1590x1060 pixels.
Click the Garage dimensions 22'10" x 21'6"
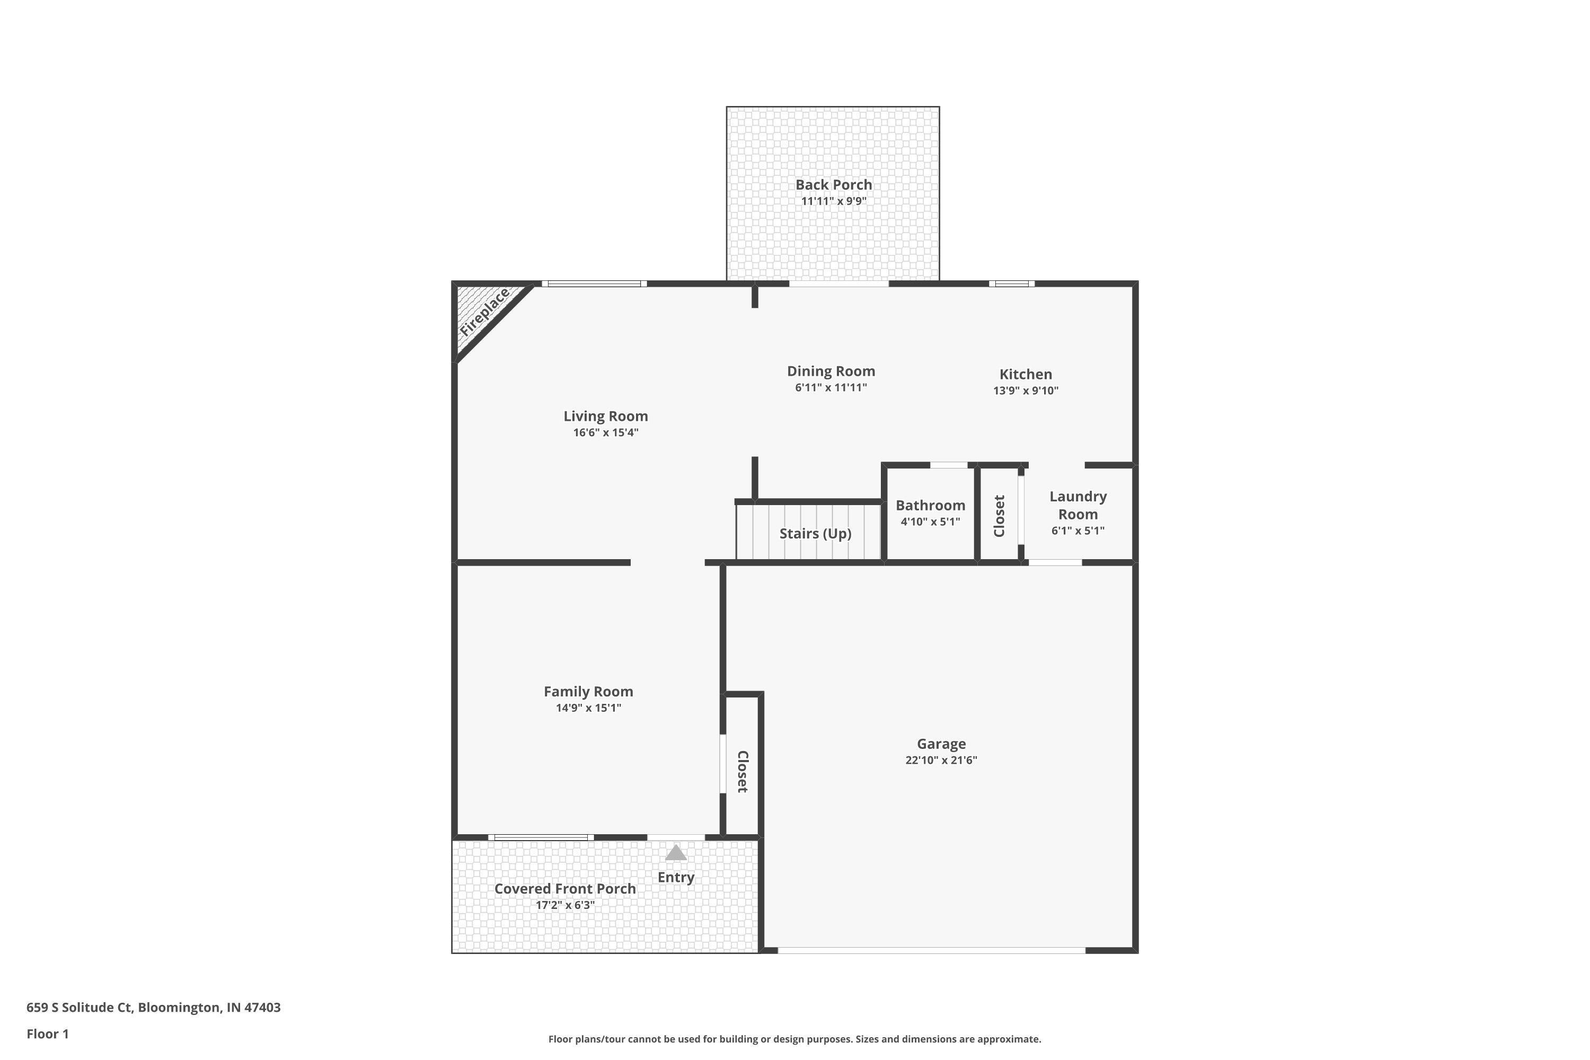coord(941,760)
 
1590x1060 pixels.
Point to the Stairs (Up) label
coord(815,533)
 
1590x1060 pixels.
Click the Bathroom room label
coord(930,506)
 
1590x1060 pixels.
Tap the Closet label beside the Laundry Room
coord(999,516)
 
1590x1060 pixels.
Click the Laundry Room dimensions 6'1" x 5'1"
coord(1077,531)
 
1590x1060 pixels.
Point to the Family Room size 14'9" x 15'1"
coord(588,708)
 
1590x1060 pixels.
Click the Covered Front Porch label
coord(564,888)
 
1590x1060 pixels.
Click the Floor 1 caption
coord(47,1033)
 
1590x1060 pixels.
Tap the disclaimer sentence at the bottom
coord(794,1039)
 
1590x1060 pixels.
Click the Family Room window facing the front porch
coord(541,837)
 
